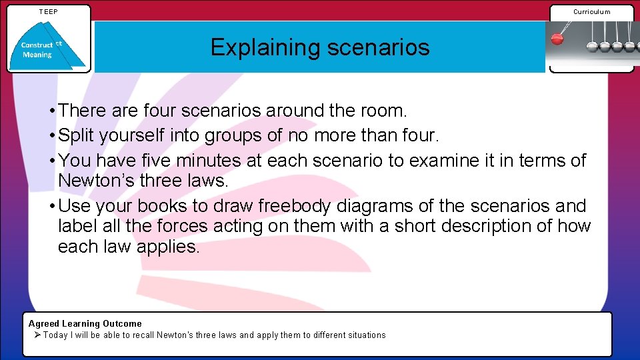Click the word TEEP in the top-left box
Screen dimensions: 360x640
[48, 11]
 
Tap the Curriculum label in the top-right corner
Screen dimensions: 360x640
[591, 11]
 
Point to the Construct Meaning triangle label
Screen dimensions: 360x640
[38, 50]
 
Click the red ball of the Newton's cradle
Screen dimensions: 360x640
[557, 39]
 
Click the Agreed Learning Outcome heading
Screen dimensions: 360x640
[85, 323]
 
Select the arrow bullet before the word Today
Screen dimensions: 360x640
[37, 335]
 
